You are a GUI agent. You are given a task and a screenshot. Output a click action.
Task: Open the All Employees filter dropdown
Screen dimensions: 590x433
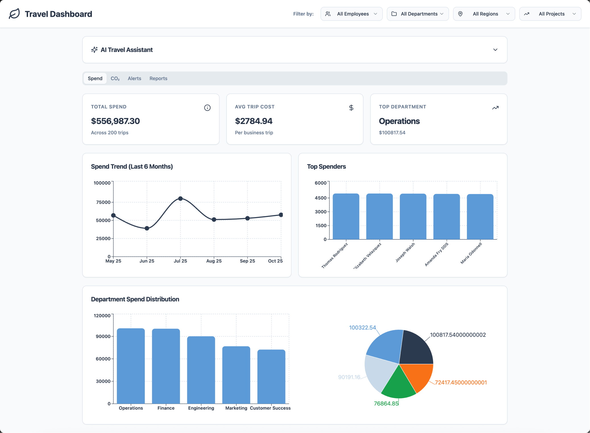pyautogui.click(x=351, y=14)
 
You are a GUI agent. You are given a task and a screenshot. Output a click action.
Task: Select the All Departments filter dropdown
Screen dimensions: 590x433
pyautogui.click(x=418, y=14)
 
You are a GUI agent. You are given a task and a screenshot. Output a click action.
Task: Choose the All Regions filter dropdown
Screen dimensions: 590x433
pyautogui.click(x=484, y=14)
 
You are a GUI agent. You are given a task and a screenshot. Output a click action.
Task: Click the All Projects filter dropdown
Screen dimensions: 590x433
pyautogui.click(x=550, y=14)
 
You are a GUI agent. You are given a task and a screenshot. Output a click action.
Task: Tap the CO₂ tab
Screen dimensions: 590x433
pyautogui.click(x=115, y=79)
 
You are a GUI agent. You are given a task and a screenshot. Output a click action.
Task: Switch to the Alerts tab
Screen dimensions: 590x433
pyautogui.click(x=134, y=79)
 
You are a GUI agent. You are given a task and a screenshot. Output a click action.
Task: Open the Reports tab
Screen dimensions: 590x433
pyautogui.click(x=158, y=79)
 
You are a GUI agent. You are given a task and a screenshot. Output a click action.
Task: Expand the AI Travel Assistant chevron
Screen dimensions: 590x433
pyautogui.click(x=495, y=50)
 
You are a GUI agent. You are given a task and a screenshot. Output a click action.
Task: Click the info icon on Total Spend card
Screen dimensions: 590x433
pyautogui.click(x=207, y=108)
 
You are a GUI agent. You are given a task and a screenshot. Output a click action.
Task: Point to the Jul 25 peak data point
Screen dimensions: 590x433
pyautogui.click(x=181, y=199)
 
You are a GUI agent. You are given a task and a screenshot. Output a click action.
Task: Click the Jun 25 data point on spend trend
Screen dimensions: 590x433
pyautogui.click(x=147, y=228)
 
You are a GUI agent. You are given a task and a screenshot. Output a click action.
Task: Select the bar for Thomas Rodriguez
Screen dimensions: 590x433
pyautogui.click(x=346, y=216)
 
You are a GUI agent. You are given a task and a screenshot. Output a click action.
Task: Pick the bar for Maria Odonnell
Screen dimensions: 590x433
pyautogui.click(x=480, y=217)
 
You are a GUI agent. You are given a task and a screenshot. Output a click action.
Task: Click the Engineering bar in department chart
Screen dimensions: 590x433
pyautogui.click(x=201, y=370)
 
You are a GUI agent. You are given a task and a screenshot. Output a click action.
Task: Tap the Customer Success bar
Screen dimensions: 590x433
pyautogui.click(x=271, y=377)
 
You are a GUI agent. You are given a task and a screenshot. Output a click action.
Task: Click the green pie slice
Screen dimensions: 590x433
pyautogui.click(x=398, y=385)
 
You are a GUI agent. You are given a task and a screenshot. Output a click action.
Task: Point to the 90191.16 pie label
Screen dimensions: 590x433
pyautogui.click(x=349, y=377)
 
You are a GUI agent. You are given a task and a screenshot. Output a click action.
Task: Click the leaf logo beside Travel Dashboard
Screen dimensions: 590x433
pyautogui.click(x=14, y=14)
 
